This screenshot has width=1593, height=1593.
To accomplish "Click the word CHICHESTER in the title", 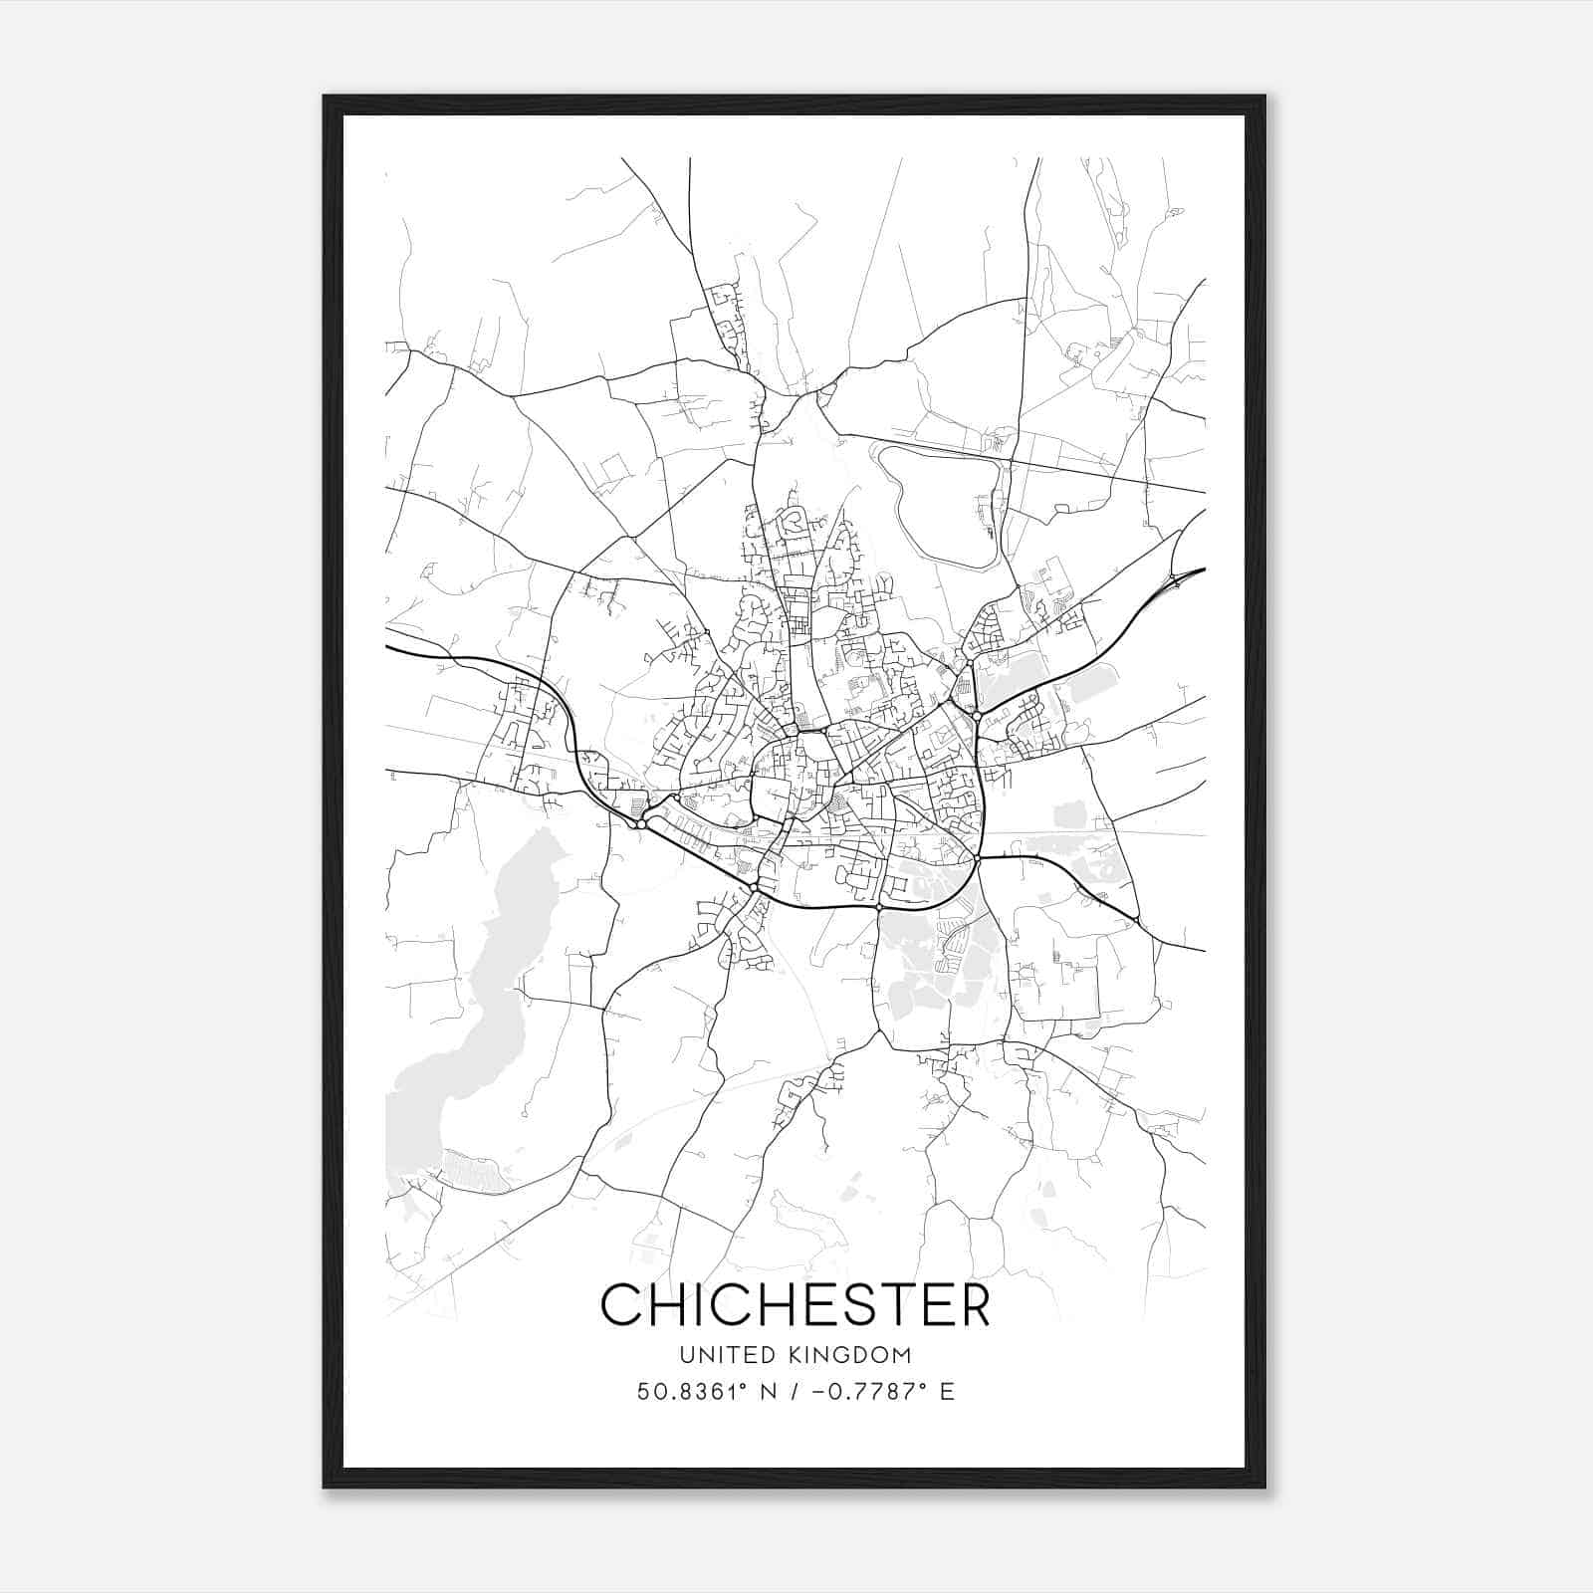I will coord(796,1304).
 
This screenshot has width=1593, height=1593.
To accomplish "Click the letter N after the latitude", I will coord(767,1392).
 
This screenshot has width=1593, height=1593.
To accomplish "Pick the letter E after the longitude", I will coord(947,1392).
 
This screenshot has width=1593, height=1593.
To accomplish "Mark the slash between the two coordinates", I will coord(795,1392).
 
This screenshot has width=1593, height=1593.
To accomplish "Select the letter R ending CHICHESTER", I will coord(971,1304).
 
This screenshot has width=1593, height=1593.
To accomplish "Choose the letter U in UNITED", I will coord(687,1355).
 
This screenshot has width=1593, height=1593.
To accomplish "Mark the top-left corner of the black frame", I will coord(325,97).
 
